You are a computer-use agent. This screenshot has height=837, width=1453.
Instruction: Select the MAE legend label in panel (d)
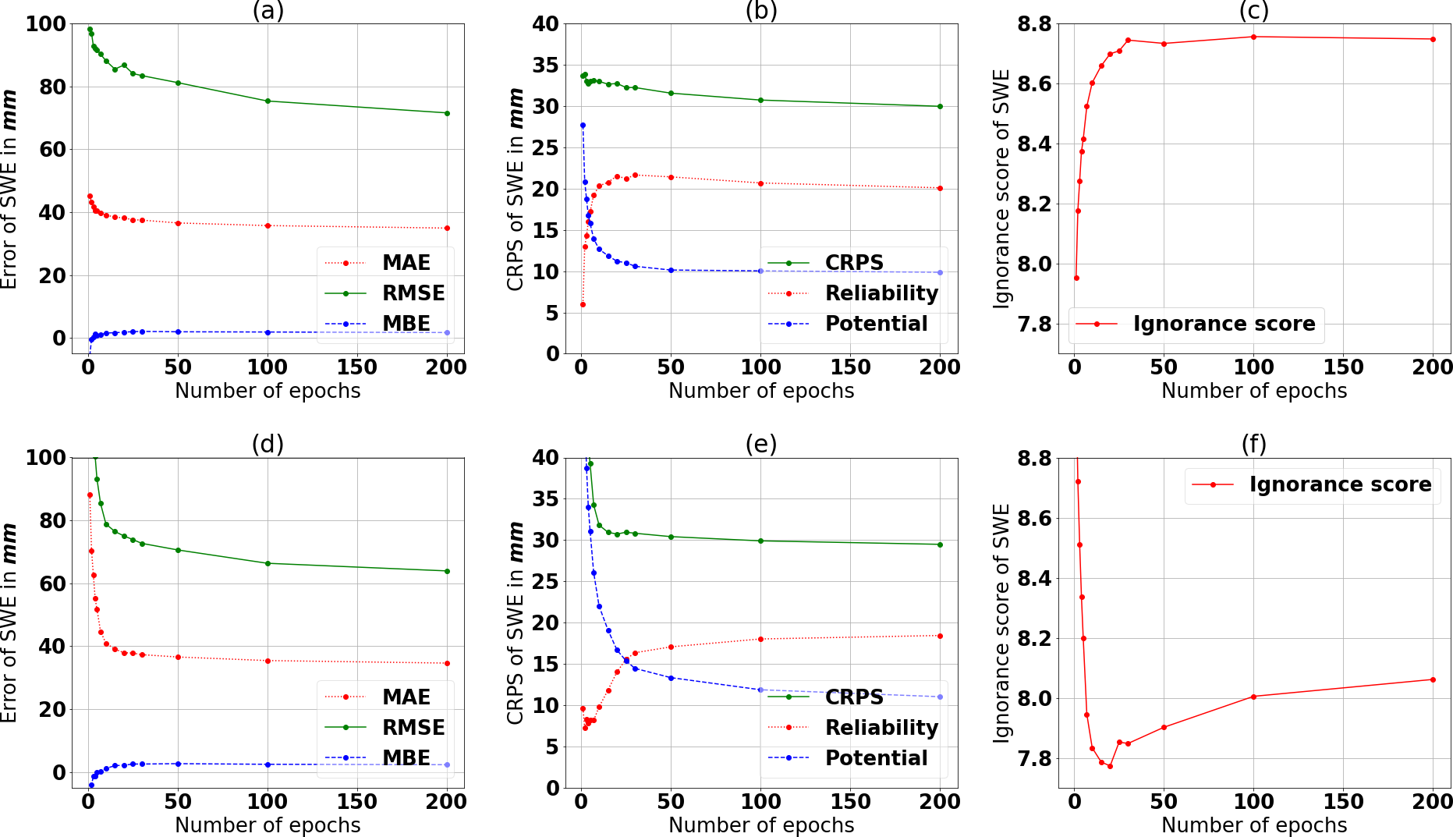[406, 697]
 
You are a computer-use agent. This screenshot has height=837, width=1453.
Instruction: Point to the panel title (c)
[1253, 11]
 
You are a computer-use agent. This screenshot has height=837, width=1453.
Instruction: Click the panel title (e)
[760, 444]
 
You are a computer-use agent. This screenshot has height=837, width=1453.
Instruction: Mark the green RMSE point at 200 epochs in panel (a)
[447, 113]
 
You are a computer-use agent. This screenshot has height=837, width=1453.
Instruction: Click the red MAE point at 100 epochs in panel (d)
[268, 661]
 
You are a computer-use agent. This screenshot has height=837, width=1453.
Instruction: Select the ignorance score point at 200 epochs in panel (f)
[1433, 679]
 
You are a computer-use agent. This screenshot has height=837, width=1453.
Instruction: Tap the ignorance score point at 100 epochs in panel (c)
[1253, 37]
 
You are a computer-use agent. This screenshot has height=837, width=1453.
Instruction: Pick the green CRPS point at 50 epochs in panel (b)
[671, 93]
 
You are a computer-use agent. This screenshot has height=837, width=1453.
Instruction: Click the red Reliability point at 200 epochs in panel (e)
[940, 636]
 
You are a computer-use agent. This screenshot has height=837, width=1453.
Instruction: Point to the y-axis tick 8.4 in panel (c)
[1034, 144]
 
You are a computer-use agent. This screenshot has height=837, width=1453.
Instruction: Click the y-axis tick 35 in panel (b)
[546, 65]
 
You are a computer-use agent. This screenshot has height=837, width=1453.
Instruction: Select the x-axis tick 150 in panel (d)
[357, 801]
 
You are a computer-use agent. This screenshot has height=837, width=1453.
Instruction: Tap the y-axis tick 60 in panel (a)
[53, 149]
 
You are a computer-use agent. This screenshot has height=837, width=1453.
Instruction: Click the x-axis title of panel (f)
[1253, 825]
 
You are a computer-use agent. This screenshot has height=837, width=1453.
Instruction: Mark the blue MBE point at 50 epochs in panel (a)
[178, 332]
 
